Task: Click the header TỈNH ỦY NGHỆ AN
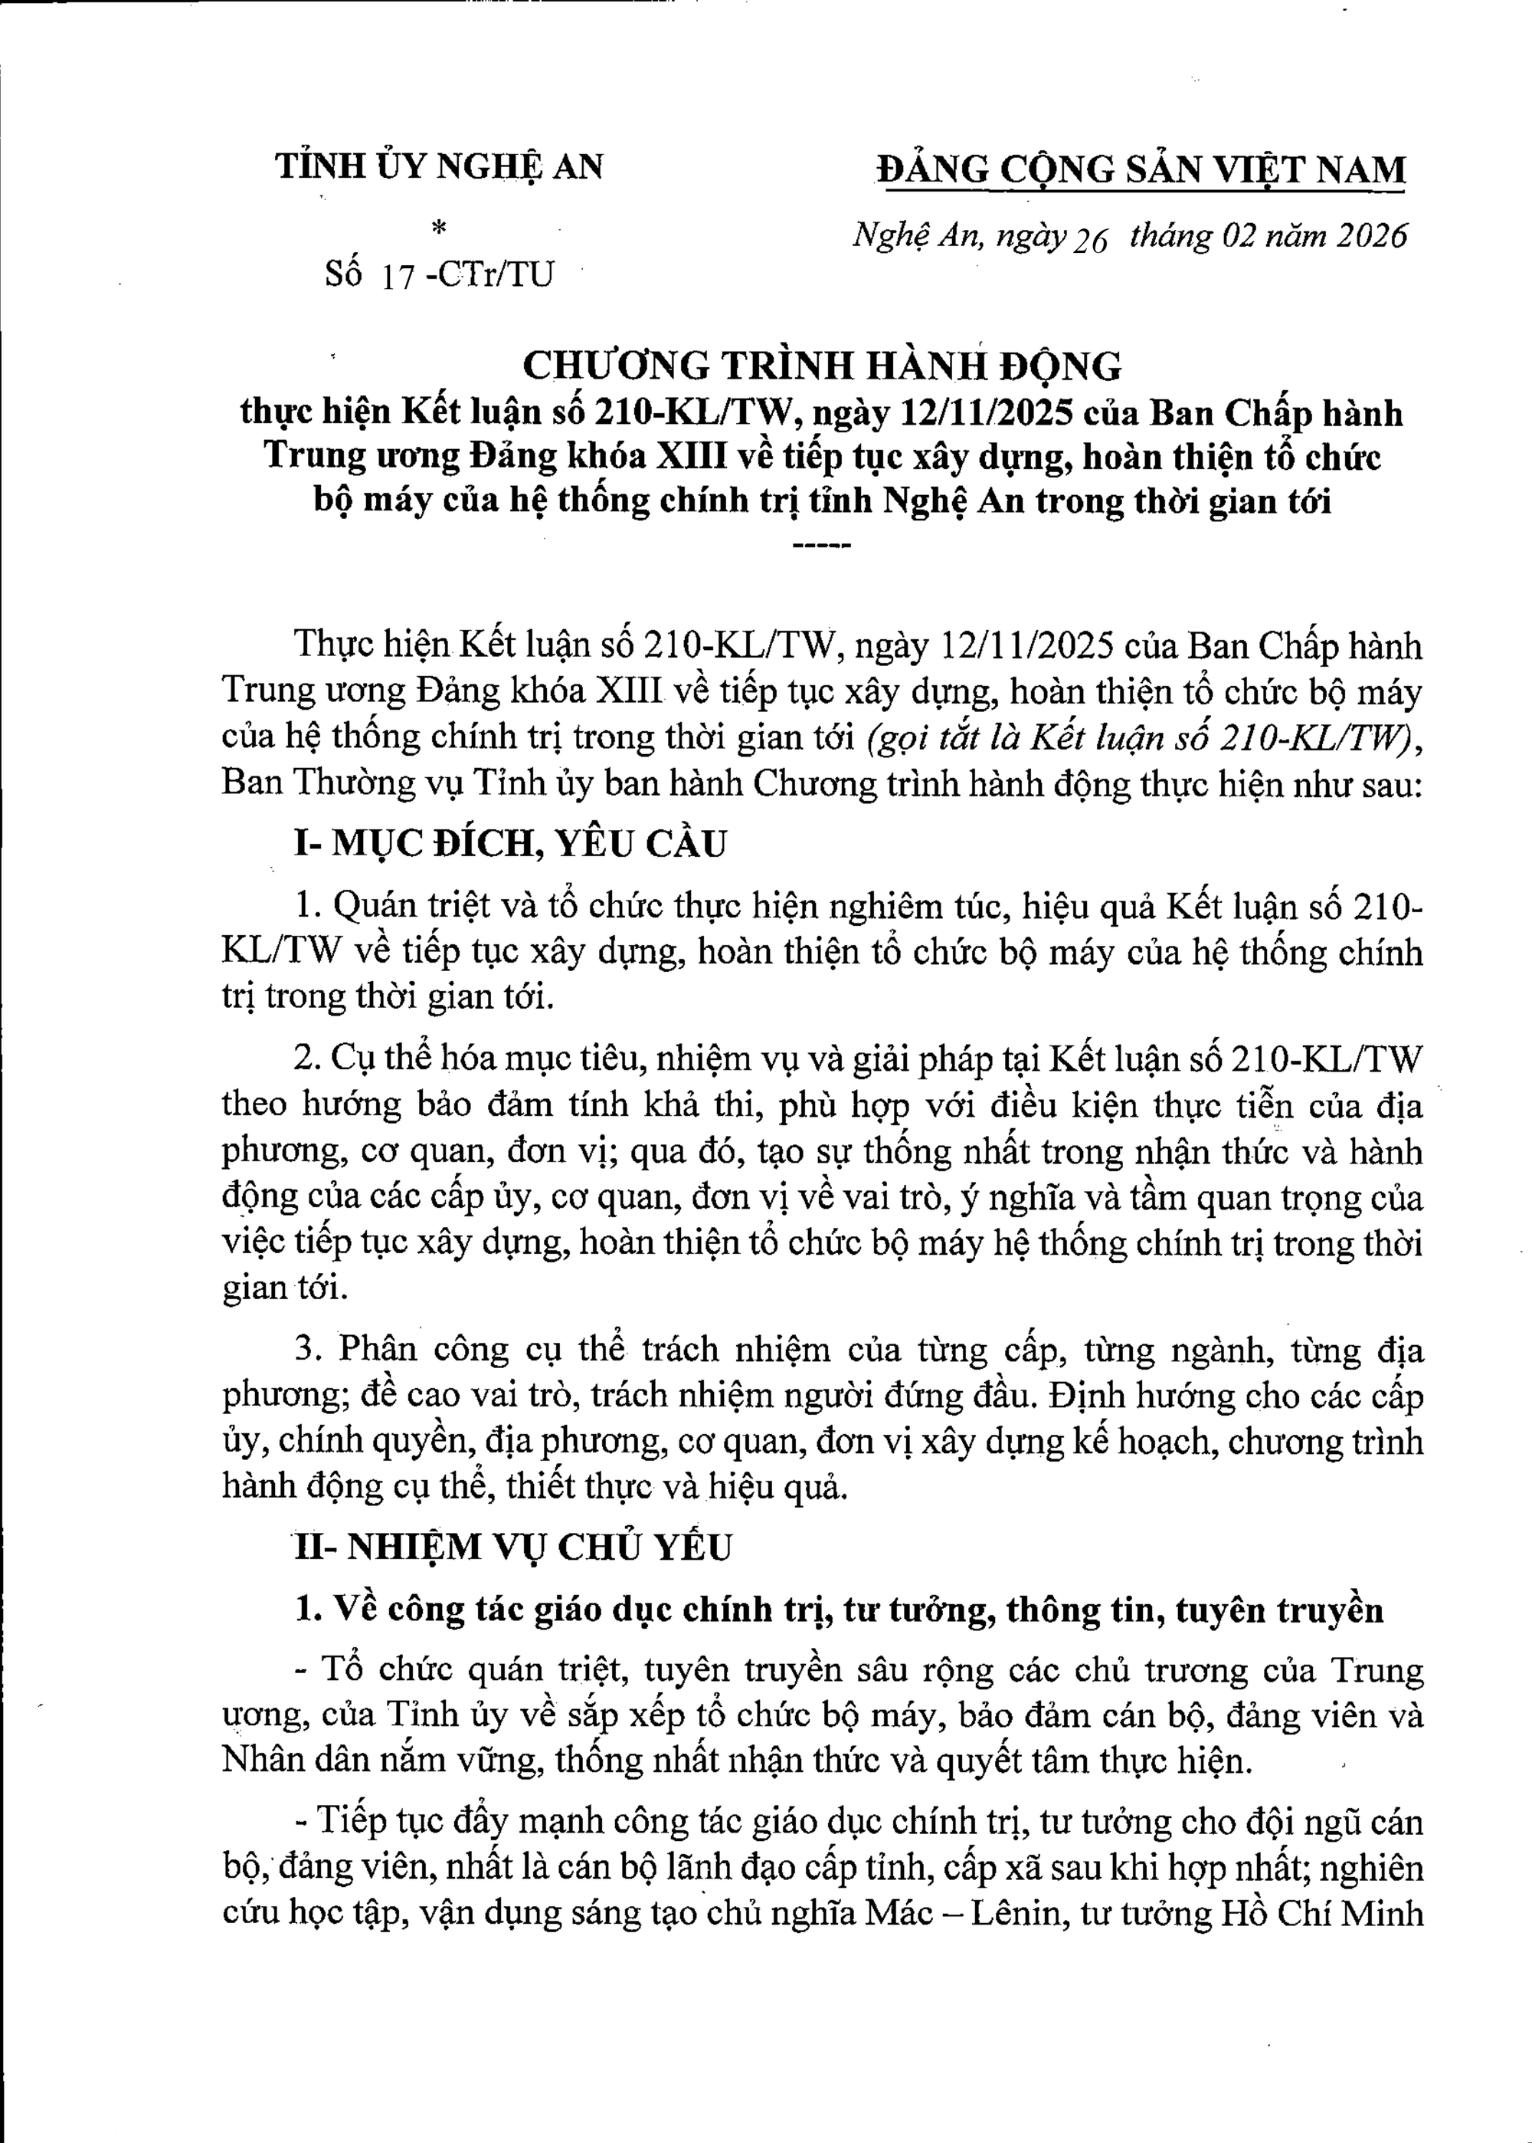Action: [439, 167]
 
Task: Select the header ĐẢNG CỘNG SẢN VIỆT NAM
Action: [1141, 170]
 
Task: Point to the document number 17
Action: [395, 276]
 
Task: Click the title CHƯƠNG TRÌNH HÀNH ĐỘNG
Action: [822, 364]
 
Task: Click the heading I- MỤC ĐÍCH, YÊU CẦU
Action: [510, 842]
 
